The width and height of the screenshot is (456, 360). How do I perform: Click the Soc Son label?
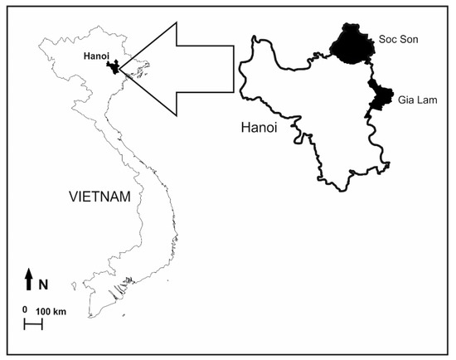(395, 38)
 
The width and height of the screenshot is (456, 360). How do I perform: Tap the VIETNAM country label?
(100, 197)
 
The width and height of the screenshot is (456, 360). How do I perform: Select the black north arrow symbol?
(29, 280)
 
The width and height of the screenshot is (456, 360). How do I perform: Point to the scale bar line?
(33, 324)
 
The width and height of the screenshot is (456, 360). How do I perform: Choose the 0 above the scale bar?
(25, 310)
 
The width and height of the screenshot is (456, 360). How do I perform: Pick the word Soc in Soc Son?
(386, 38)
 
